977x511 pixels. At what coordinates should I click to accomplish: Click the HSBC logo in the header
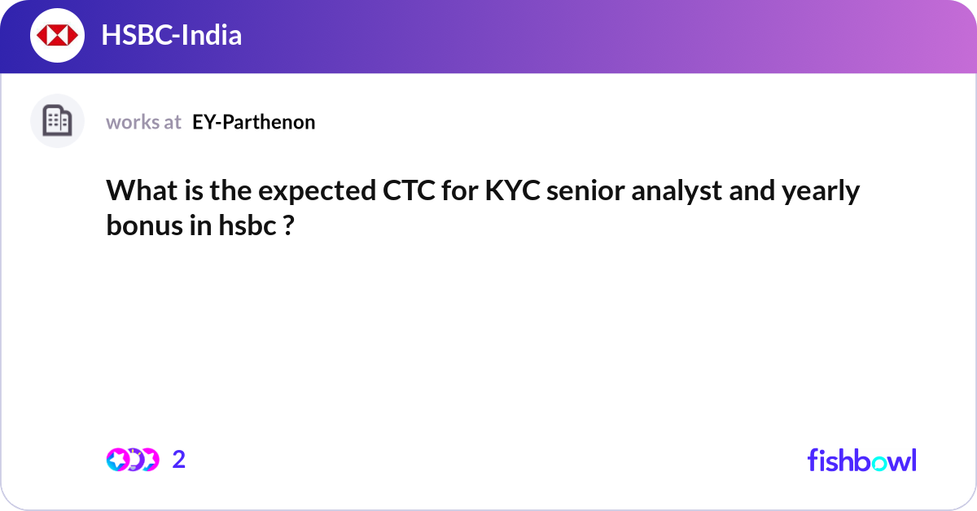click(x=57, y=36)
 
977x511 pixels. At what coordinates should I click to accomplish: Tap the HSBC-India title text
click(x=172, y=36)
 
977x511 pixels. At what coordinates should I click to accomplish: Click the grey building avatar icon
click(x=57, y=121)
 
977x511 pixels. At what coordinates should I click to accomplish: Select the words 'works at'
click(x=143, y=122)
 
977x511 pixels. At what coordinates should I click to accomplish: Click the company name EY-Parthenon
click(x=254, y=122)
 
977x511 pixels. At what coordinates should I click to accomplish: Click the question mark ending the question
click(x=287, y=225)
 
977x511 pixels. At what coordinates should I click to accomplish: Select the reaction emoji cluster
click(x=133, y=460)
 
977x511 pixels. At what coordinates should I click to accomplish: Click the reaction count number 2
click(x=179, y=460)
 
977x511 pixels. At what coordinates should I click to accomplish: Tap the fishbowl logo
click(x=861, y=460)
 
